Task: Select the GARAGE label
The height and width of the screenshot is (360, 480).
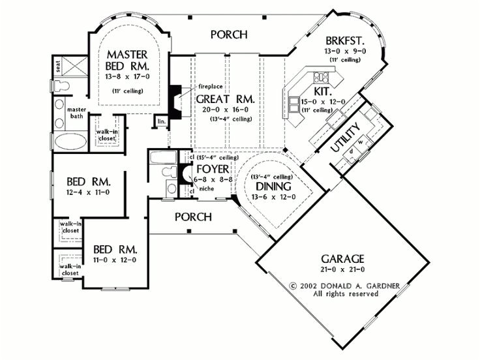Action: click(x=343, y=258)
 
